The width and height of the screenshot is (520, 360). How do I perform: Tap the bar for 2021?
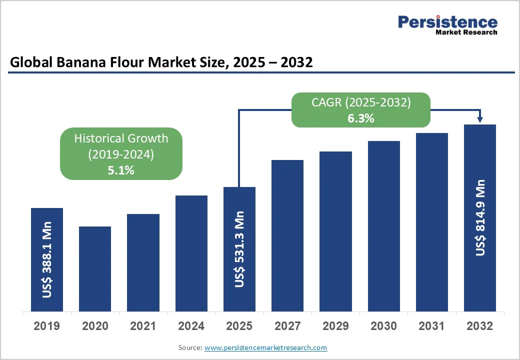pos(143,263)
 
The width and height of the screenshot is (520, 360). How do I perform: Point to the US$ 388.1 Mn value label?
pos(47,263)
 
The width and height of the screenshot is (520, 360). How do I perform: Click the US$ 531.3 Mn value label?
pos(239,249)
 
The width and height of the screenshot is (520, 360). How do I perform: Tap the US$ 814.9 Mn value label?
pos(480,217)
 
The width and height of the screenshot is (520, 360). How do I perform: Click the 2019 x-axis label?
pos(46,326)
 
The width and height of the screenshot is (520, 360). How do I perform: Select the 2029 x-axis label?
pos(335,326)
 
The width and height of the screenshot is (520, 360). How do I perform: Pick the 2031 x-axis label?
pos(431,326)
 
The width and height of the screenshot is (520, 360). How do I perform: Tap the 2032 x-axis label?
pos(479,326)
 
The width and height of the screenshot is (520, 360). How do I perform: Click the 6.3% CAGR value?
pos(360,118)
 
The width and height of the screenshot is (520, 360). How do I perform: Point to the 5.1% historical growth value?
pos(121,170)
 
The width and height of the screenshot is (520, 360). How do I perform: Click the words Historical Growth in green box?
pos(121,138)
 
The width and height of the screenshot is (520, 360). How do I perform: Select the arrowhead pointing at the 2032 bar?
pos(480,119)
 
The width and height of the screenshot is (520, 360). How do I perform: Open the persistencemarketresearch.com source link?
pos(265,347)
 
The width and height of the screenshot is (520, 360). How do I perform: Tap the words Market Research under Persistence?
pos(466,32)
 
